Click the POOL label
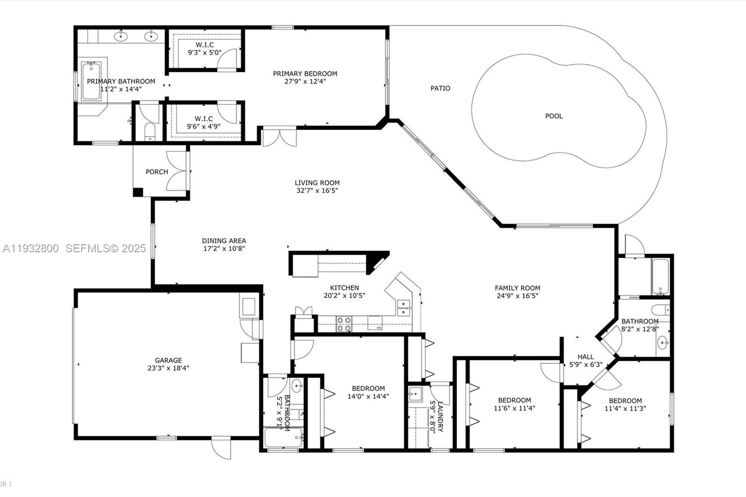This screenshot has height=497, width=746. (x=554, y=116)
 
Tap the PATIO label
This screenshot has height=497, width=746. (x=440, y=88)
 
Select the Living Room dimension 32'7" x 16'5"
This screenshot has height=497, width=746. (x=317, y=191)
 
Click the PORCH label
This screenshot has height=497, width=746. (x=157, y=172)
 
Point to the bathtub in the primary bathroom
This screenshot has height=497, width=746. (x=91, y=82)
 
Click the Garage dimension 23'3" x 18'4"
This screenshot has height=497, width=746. (x=168, y=368)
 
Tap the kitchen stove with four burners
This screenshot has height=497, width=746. (x=344, y=324)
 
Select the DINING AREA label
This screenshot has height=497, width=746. (x=224, y=241)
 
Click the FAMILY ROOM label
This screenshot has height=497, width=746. (x=518, y=288)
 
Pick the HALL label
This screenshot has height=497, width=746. (x=586, y=357)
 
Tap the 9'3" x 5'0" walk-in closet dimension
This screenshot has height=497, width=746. (x=205, y=53)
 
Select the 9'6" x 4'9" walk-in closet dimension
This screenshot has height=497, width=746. (x=204, y=126)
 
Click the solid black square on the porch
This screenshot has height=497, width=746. (x=138, y=192)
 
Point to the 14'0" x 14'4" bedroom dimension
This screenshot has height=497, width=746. (x=368, y=397)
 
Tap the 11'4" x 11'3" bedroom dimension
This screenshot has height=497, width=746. (x=625, y=409)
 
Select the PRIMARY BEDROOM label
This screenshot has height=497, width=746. (x=305, y=74)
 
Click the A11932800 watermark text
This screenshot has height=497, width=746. (x=31, y=248)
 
